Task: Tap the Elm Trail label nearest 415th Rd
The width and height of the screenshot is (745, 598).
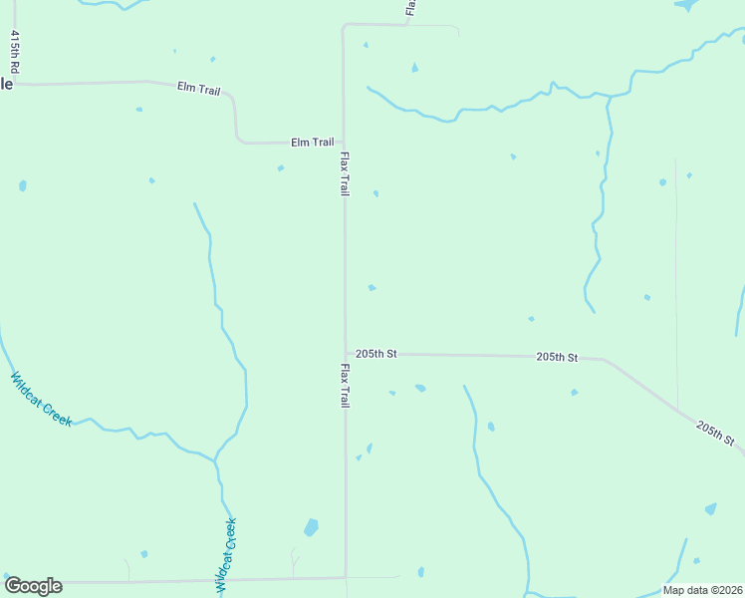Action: tap(198, 90)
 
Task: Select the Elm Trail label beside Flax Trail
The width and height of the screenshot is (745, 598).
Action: tap(312, 143)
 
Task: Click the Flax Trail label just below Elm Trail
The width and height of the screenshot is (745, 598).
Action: tap(345, 172)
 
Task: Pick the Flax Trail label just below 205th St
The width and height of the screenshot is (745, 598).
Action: tap(345, 386)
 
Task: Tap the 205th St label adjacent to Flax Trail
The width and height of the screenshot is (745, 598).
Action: tap(376, 354)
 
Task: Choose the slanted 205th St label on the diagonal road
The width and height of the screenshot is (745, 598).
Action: tap(715, 433)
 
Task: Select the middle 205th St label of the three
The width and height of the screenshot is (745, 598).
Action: tap(557, 357)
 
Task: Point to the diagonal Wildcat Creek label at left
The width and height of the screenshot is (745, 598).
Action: tap(41, 400)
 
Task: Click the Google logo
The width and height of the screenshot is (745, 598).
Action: tap(33, 586)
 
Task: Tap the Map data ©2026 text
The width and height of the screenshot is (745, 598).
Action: tap(702, 590)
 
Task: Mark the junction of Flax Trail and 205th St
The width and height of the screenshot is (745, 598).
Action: tap(346, 354)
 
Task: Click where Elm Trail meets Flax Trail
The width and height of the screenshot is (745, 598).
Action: tap(344, 143)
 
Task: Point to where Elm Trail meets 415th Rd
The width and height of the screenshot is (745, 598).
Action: tap(15, 84)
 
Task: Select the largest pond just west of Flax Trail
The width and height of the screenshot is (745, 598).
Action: tap(312, 526)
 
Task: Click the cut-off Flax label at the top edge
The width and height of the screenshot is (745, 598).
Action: tap(408, 7)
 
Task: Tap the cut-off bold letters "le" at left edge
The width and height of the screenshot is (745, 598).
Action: tap(6, 84)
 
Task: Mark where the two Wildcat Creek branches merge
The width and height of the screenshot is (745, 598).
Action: tap(215, 459)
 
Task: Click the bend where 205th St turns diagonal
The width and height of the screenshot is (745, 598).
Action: tap(602, 360)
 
